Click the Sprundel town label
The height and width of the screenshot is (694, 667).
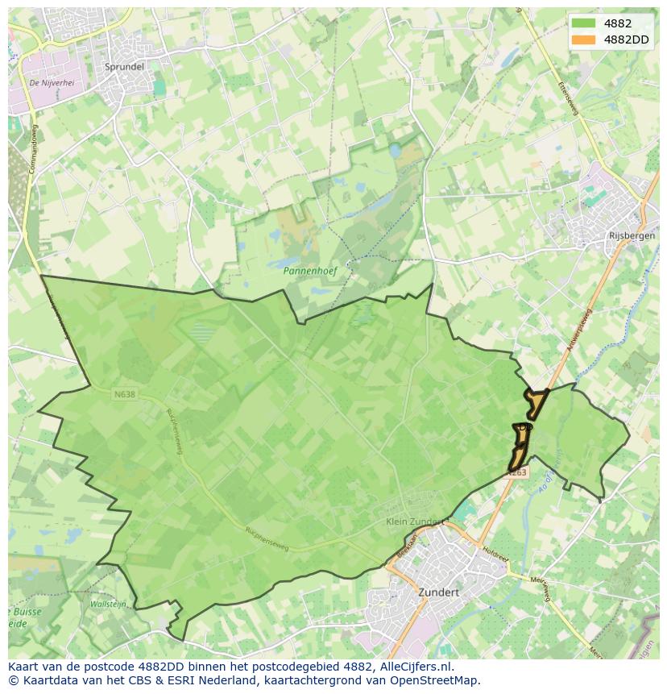click(124, 67)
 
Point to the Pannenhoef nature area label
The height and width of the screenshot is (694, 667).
click(309, 271)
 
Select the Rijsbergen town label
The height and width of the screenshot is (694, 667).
click(628, 236)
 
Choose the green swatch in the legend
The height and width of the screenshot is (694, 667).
click(583, 23)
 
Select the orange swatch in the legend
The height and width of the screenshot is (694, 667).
click(583, 39)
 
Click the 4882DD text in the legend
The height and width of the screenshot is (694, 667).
click(625, 39)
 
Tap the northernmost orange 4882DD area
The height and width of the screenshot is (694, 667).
click(536, 401)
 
